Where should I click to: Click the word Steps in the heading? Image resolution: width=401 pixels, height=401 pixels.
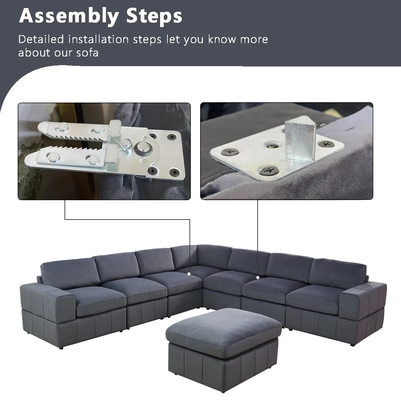tap(153, 16)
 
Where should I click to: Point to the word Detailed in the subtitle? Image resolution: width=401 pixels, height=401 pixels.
tap(41, 39)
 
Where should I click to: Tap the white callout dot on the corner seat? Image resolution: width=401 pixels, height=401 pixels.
tap(189, 274)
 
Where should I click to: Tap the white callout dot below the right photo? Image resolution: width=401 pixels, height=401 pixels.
tap(258, 277)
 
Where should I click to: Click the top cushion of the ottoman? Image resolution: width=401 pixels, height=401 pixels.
tap(222, 327)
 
